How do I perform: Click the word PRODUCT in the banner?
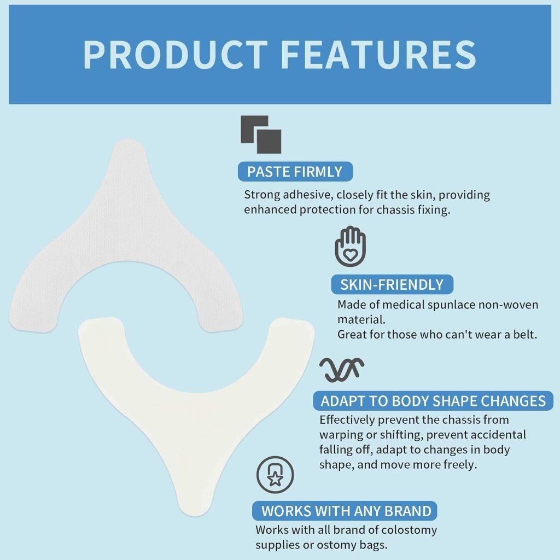coord(176,55)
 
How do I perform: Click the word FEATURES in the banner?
coord(378,55)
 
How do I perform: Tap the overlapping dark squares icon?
coord(261,135)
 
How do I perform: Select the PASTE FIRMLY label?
coord(295,172)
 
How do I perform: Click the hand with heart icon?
coord(351,246)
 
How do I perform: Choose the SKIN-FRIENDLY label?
coord(392,284)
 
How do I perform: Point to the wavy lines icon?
coord(342,369)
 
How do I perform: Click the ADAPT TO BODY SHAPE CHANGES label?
coord(433,401)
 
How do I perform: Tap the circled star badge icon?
coord(275,475)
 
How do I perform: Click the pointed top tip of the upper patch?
coord(128,141)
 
